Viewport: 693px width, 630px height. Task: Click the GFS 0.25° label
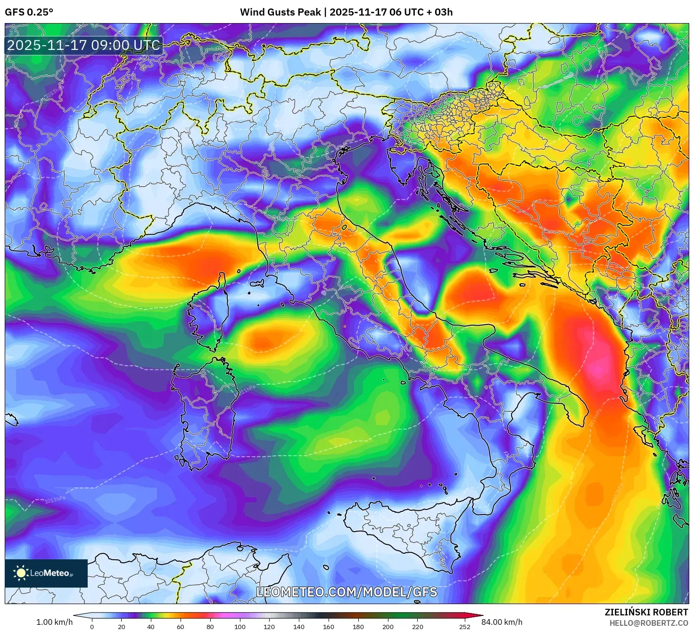click(x=29, y=12)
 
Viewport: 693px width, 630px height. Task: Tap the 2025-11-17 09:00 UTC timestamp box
click(x=83, y=45)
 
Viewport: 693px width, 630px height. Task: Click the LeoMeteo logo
click(x=46, y=573)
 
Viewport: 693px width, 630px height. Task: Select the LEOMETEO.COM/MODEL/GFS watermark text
click(x=346, y=592)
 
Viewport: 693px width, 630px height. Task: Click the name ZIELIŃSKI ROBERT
click(x=646, y=612)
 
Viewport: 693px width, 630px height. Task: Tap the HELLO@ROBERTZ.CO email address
click(x=649, y=623)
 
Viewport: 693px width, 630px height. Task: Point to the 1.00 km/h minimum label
click(x=54, y=622)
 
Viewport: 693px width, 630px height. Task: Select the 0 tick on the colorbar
click(x=92, y=627)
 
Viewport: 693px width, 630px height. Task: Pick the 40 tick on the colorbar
click(x=151, y=627)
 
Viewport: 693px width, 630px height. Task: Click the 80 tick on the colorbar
click(x=210, y=627)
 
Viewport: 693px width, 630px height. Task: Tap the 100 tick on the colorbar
click(x=240, y=627)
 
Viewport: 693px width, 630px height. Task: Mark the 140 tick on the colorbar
click(x=299, y=627)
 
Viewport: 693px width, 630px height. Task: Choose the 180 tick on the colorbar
click(x=358, y=627)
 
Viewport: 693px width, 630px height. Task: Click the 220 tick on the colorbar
click(x=417, y=627)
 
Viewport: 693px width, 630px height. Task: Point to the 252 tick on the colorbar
click(x=465, y=627)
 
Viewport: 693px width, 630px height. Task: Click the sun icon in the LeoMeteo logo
click(x=21, y=573)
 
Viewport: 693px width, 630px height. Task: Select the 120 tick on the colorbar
click(x=269, y=627)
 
